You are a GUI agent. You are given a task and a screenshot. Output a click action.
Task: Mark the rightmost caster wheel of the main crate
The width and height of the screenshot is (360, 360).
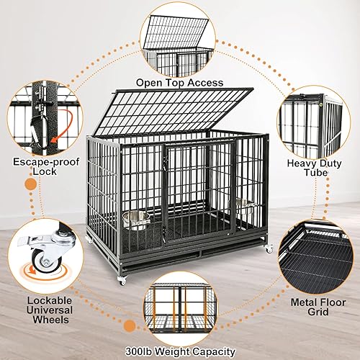pos(269,249)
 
